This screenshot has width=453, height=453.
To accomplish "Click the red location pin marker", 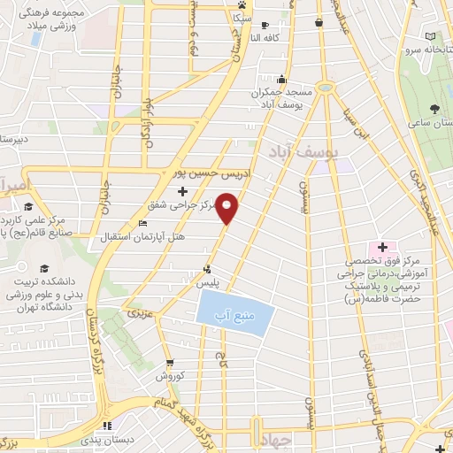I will tap(228, 207).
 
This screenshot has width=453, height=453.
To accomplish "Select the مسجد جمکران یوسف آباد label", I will tap(282, 98).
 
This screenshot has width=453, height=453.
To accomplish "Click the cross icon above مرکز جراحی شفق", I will tap(182, 191).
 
